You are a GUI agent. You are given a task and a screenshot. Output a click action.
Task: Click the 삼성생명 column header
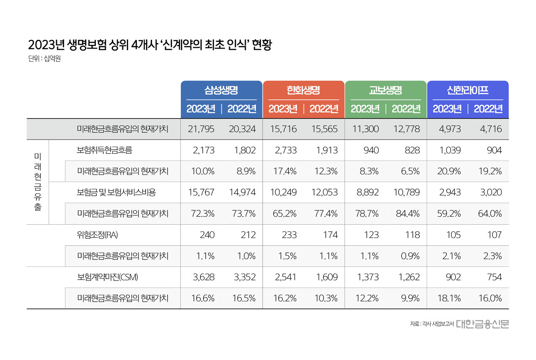(221, 90)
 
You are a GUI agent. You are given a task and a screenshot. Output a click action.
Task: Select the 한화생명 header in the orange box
(303, 90)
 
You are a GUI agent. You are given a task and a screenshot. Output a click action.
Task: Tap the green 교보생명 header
(385, 90)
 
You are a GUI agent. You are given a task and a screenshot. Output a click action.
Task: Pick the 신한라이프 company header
(467, 90)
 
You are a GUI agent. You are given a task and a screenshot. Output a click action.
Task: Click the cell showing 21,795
(201, 129)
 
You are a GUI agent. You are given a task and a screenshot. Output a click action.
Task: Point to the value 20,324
(242, 129)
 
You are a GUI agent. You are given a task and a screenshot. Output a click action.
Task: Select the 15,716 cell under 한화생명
(283, 129)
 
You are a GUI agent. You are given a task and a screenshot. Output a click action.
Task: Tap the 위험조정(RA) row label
(98, 235)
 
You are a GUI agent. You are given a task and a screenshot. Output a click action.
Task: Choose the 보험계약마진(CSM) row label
(108, 277)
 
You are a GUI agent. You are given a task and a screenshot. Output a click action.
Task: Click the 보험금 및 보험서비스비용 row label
(116, 192)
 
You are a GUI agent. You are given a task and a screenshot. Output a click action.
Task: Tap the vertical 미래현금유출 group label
(38, 182)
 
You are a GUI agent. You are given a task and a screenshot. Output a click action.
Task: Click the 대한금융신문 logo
(482, 324)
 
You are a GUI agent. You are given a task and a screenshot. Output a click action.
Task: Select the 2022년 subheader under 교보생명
(406, 109)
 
